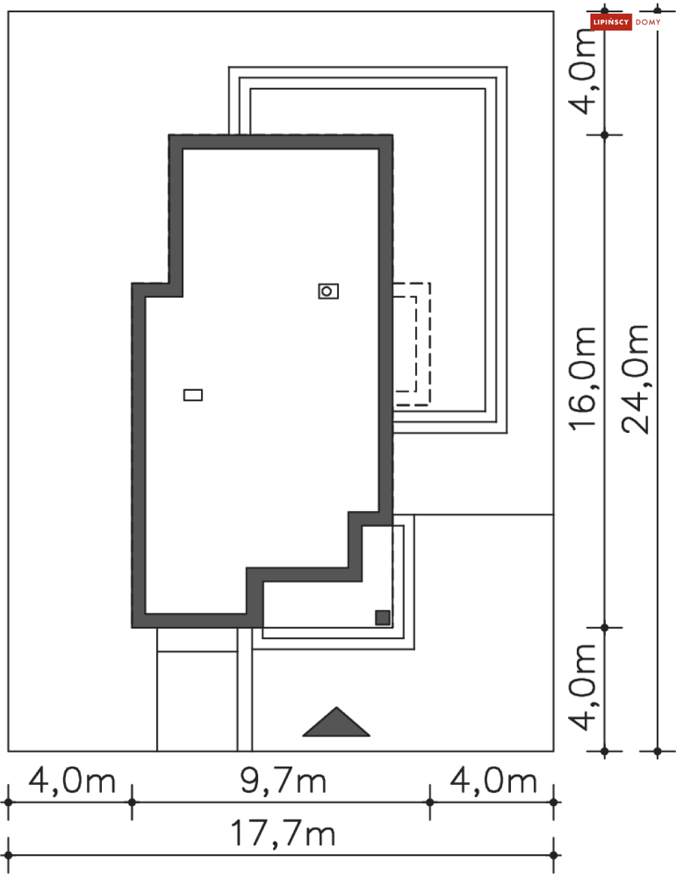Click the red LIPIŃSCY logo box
(611, 22)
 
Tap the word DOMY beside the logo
(648, 22)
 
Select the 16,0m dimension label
(582, 378)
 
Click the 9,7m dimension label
(283, 781)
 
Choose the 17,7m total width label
(283, 833)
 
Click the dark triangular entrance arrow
(336, 724)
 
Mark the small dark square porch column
(383, 617)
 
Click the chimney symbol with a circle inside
(328, 291)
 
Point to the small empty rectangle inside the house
(193, 394)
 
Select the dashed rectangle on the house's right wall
(412, 344)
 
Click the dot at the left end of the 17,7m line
(8, 855)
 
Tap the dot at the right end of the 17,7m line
(554, 855)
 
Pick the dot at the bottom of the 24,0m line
(657, 751)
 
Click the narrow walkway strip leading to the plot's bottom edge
(245, 700)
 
